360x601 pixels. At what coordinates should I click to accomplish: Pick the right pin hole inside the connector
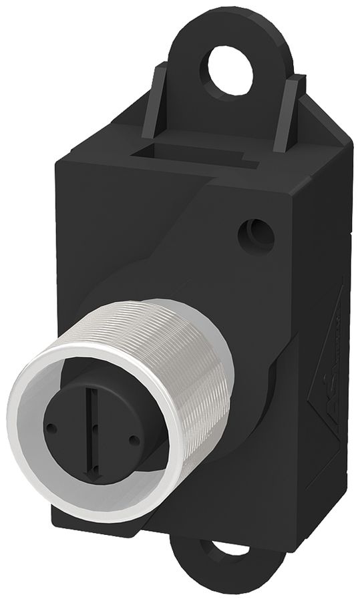136,439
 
